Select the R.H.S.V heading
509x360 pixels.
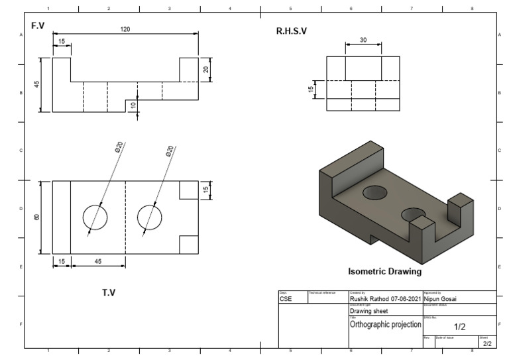pyautogui.click(x=292, y=31)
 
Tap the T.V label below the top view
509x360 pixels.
pyautogui.click(x=108, y=292)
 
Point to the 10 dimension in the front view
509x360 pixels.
pyautogui.click(x=133, y=105)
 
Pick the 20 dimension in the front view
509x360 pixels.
pyautogui.click(x=206, y=70)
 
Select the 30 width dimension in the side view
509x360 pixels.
pyautogui.click(x=363, y=40)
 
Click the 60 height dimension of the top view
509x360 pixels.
pyautogui.click(x=37, y=217)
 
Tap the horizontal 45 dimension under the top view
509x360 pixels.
pyautogui.click(x=97, y=262)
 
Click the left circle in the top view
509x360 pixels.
pyautogui.click(x=95, y=217)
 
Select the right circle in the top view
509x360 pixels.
pyautogui.click(x=150, y=217)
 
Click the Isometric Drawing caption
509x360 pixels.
pyautogui.click(x=385, y=271)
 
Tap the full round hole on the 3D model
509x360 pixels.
pyautogui.click(x=375, y=192)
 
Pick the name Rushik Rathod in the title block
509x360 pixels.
pyautogui.click(x=372, y=299)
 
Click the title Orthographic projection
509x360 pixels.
pyautogui.click(x=385, y=324)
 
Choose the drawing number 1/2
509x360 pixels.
pyautogui.click(x=459, y=327)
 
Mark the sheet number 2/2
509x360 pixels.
pyautogui.click(x=486, y=343)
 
